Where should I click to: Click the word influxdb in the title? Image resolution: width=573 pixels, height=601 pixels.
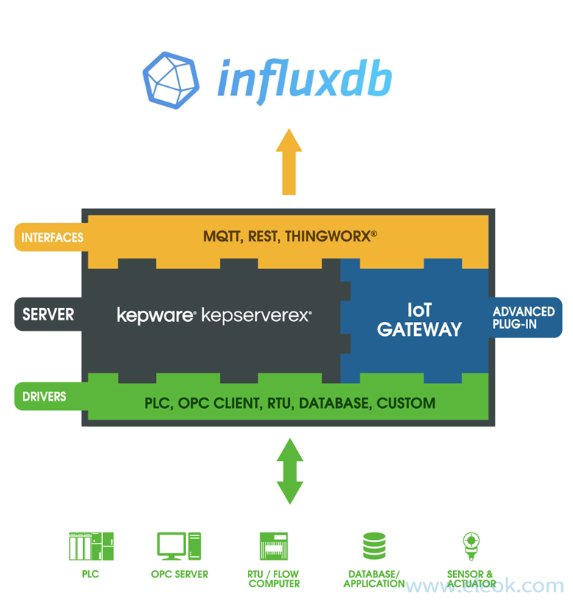click(304, 77)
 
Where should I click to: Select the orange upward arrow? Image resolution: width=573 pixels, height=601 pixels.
click(289, 162)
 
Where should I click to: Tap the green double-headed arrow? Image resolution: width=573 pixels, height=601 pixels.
click(289, 471)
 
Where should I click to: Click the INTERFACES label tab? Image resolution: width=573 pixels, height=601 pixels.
click(50, 238)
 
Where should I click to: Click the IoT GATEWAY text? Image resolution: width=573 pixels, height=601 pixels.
click(419, 320)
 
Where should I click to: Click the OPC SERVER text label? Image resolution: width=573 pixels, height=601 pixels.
click(179, 574)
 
